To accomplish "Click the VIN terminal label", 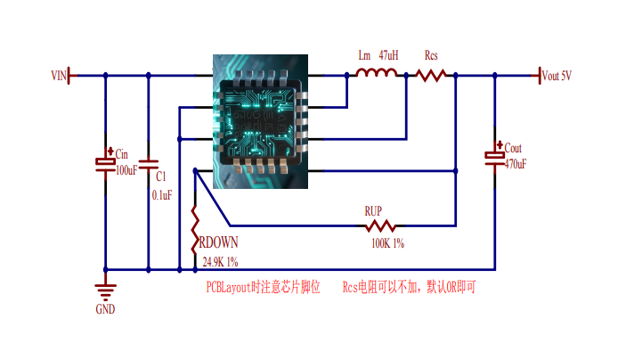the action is [59, 76].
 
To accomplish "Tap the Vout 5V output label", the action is [557, 76].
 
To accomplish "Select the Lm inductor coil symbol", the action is [377, 72].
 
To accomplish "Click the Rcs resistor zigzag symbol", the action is [431, 76].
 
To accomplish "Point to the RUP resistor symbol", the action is [380, 226].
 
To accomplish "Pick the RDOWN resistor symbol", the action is [195, 230].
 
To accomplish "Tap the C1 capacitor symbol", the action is [149, 165].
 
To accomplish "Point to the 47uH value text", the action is [388, 55].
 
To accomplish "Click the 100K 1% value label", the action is [388, 243].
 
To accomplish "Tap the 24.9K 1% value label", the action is [220, 262].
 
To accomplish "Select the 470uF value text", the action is [516, 164].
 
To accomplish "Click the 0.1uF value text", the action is [162, 195].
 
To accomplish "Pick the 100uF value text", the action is [126, 170].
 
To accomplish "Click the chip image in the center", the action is [261, 121].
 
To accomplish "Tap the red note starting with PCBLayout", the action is [263, 287].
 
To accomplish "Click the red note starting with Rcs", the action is [409, 287].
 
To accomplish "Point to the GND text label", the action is [105, 309].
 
